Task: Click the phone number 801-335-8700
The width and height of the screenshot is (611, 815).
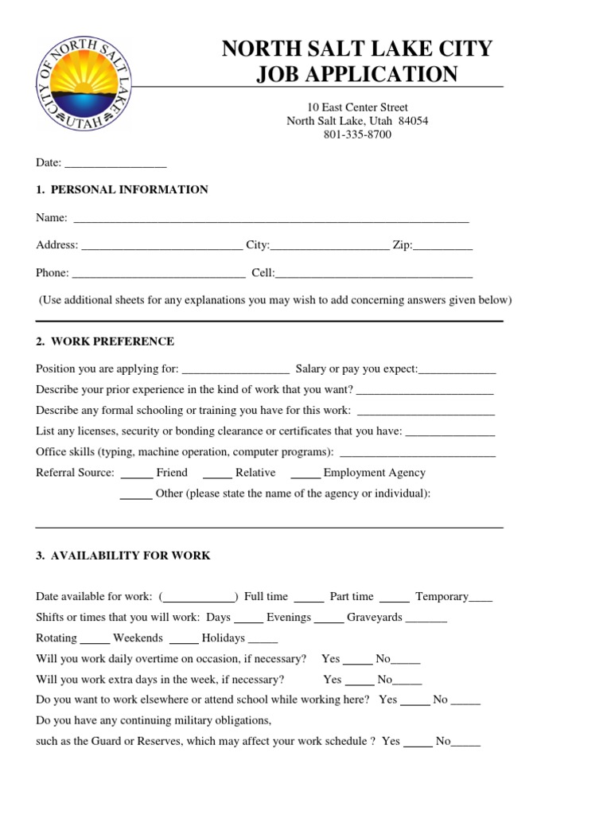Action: (x=357, y=135)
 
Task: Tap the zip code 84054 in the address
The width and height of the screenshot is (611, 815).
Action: (x=413, y=121)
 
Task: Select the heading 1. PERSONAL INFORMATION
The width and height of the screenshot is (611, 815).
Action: (x=122, y=189)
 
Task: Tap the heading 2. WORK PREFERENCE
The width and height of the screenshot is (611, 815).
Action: (x=104, y=341)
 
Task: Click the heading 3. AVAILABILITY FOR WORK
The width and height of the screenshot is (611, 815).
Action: (x=123, y=556)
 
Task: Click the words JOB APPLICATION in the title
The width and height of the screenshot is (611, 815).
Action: (x=357, y=74)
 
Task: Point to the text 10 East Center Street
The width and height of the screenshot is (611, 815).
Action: (x=357, y=107)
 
